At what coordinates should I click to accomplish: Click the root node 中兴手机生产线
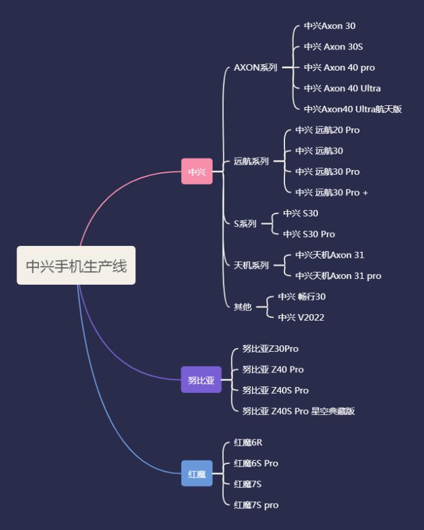pyautogui.click(x=76, y=266)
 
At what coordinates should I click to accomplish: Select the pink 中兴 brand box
pyautogui.click(x=197, y=172)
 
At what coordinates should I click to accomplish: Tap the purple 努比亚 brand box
pyautogui.click(x=201, y=380)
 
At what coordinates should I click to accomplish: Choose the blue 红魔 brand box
pyautogui.click(x=197, y=474)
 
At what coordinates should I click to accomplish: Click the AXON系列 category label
pyautogui.click(x=256, y=68)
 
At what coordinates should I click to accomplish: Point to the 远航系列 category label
pyautogui.click(x=251, y=161)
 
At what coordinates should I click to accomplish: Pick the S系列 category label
pyautogui.click(x=245, y=224)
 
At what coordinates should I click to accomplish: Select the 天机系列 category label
pyautogui.click(x=251, y=265)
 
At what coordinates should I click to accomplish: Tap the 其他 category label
pyautogui.click(x=243, y=307)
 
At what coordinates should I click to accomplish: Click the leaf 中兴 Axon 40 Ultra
pyautogui.click(x=342, y=88)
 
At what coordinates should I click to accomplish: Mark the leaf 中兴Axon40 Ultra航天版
pyautogui.click(x=353, y=109)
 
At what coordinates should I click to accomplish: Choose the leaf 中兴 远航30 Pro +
pyautogui.click(x=332, y=192)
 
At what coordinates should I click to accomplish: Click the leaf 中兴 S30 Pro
pyautogui.click(x=309, y=234)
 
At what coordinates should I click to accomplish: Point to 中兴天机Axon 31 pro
pyautogui.click(x=338, y=276)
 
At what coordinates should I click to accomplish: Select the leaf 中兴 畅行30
pyautogui.click(x=302, y=296)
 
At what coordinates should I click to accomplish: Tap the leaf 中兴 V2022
pyautogui.click(x=301, y=318)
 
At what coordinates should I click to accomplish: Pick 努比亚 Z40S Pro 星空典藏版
pyautogui.click(x=299, y=411)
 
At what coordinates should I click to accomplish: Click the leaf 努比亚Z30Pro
pyautogui.click(x=270, y=349)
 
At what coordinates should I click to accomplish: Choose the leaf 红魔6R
pyautogui.click(x=248, y=442)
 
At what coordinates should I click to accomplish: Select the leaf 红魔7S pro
pyautogui.click(x=256, y=505)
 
